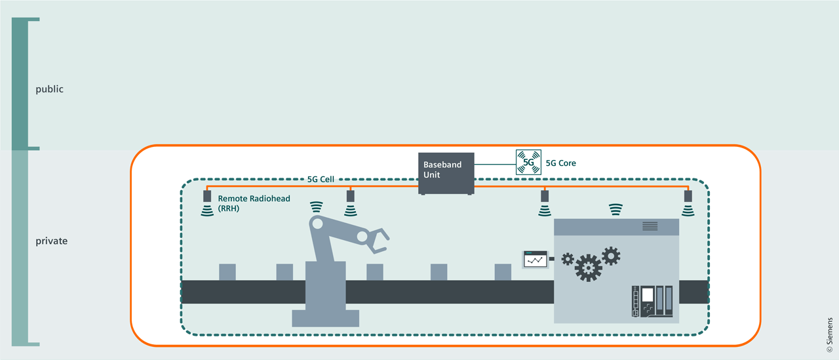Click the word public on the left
pos(49,89)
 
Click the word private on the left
pos(51,241)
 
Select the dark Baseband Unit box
pos(446,174)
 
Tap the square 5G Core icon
pos(528,163)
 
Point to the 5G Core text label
pos(560,163)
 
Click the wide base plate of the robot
pos(325,318)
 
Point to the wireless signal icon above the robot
pos(317,207)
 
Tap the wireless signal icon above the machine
pos(615,209)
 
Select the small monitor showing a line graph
pos(535,259)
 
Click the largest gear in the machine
pos(588,268)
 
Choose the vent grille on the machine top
pos(650,226)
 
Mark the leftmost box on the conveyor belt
pos(227,272)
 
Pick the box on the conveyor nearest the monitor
pos(503,272)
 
